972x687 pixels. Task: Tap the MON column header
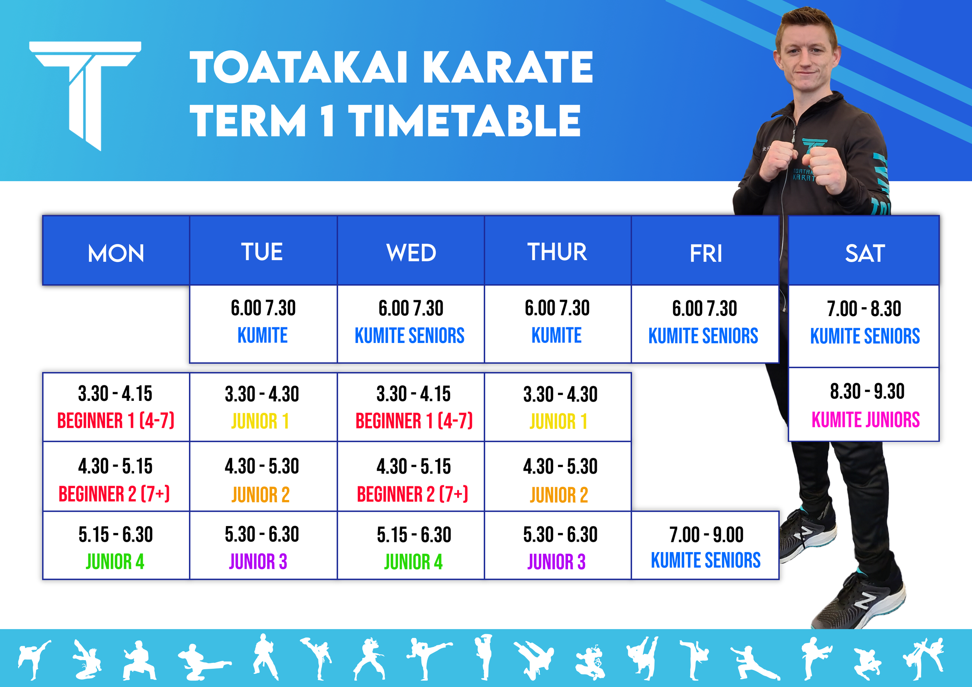(115, 253)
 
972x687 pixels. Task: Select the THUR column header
(557, 252)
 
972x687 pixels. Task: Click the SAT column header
(864, 253)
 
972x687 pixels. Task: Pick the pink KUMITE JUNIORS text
(865, 420)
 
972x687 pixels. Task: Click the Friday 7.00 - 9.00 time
(706, 535)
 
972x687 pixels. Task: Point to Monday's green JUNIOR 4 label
(115, 562)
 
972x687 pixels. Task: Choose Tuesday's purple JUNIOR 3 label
(258, 562)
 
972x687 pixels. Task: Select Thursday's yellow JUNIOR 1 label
(558, 421)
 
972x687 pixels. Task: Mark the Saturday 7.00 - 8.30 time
(864, 309)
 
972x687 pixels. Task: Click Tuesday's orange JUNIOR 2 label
(261, 495)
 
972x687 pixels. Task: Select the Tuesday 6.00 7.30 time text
(263, 308)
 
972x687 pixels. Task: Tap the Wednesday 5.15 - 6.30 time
(414, 535)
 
